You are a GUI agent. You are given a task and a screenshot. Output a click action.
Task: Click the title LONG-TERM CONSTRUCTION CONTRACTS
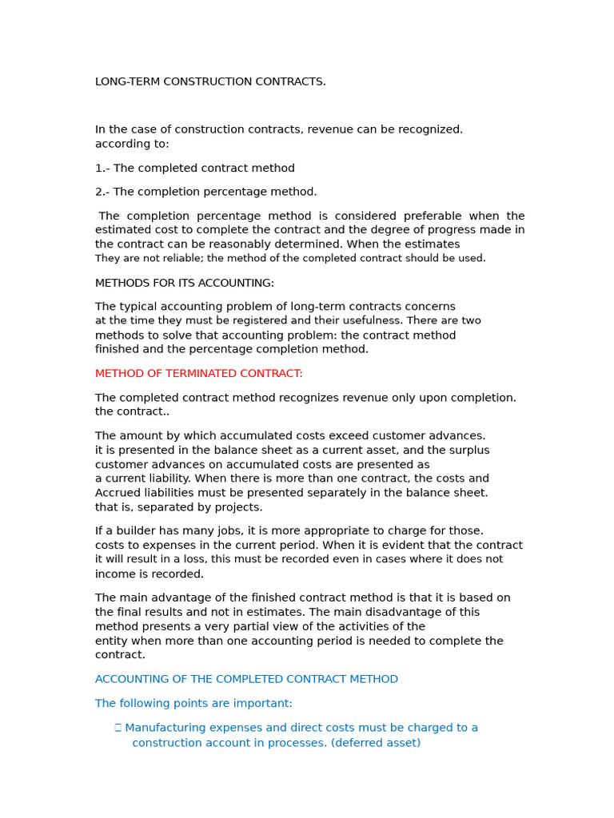[210, 81]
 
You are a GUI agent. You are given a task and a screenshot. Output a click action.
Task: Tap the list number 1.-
[102, 169]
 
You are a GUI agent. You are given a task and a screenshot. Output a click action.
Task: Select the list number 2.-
[102, 192]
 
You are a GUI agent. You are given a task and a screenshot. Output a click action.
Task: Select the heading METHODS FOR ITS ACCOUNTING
[184, 283]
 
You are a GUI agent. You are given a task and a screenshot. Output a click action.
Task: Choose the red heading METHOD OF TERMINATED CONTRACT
[198, 374]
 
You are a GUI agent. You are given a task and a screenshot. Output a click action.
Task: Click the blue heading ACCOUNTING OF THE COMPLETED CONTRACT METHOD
[246, 679]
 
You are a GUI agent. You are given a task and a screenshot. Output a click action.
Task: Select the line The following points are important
[193, 704]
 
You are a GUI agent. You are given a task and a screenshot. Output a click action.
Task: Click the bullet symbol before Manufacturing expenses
[118, 728]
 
